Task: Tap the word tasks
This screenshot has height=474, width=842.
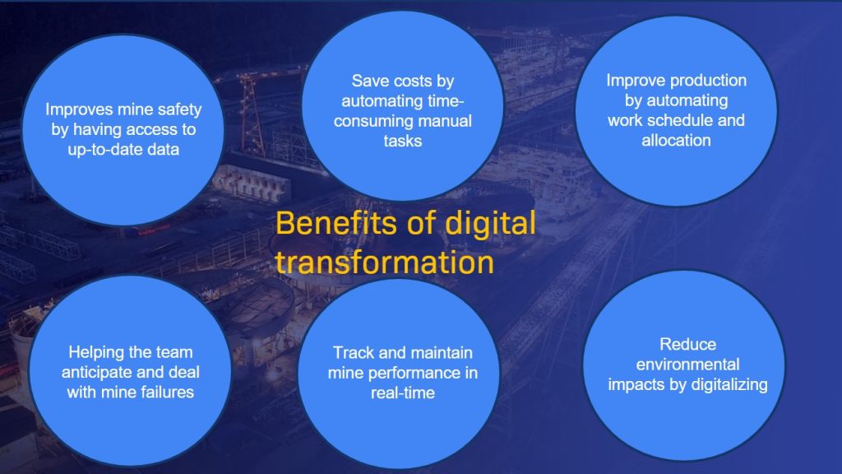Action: pos(403,142)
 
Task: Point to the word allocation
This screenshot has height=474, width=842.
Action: pos(676,140)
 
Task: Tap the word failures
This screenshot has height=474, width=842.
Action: pos(166,393)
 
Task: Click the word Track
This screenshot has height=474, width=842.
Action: pos(352,353)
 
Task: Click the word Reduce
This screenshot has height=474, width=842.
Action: pos(676,344)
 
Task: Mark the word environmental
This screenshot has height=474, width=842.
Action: pos(676,364)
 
